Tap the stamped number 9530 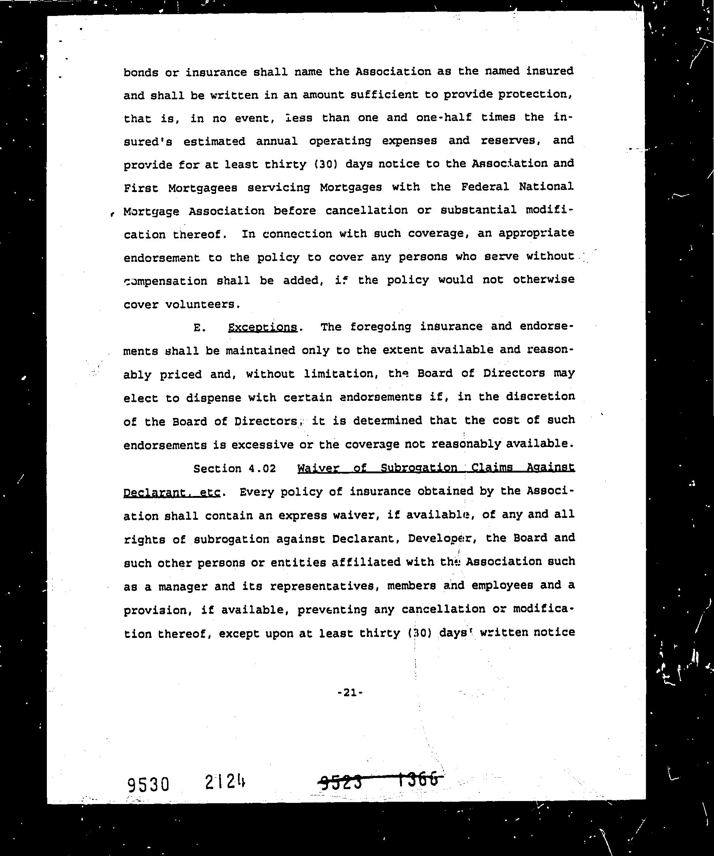148,784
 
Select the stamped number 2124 226,782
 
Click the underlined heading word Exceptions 262,327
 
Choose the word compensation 165,281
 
